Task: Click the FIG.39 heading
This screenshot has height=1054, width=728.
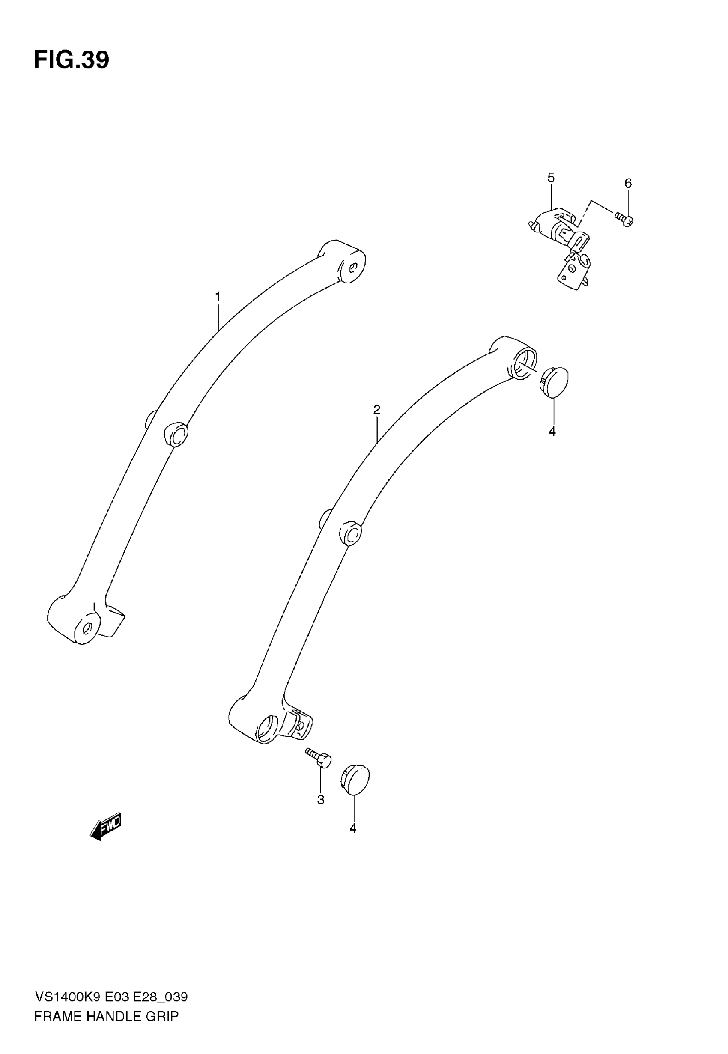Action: (x=72, y=60)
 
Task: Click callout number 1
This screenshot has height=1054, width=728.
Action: (x=218, y=297)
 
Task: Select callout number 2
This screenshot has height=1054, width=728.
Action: (x=377, y=410)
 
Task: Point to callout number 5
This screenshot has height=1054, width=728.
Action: (x=551, y=177)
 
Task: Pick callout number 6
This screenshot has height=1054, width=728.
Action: (x=628, y=183)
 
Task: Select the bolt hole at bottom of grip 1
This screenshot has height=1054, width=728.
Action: (x=89, y=628)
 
